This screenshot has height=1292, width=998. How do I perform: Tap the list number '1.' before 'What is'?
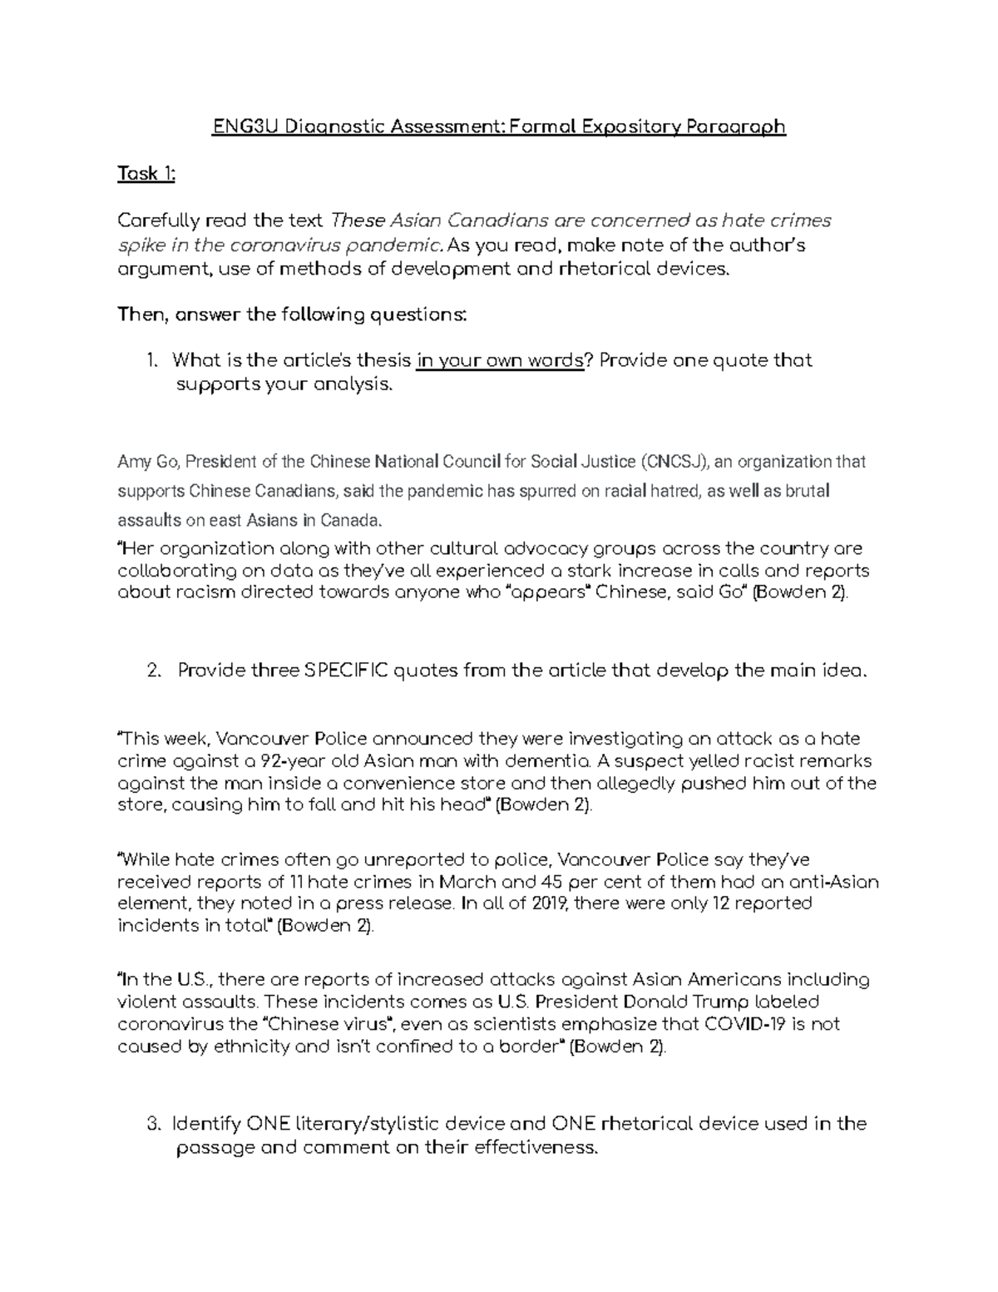151,360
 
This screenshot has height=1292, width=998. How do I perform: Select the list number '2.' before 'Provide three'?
153,671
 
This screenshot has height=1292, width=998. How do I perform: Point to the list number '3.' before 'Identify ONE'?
153,1124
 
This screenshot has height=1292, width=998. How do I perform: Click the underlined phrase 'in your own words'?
501,360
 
